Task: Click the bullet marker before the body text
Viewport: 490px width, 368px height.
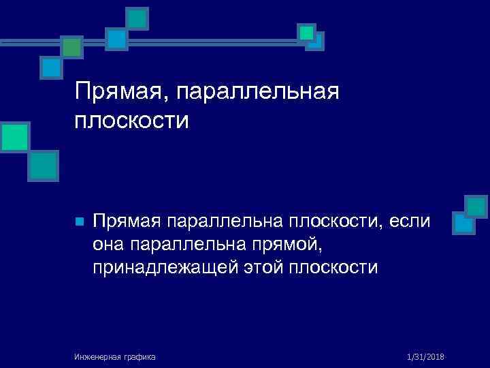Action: coord(79,222)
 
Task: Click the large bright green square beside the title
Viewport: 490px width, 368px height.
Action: coord(14,138)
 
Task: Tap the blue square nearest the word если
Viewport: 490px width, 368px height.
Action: coord(463,224)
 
